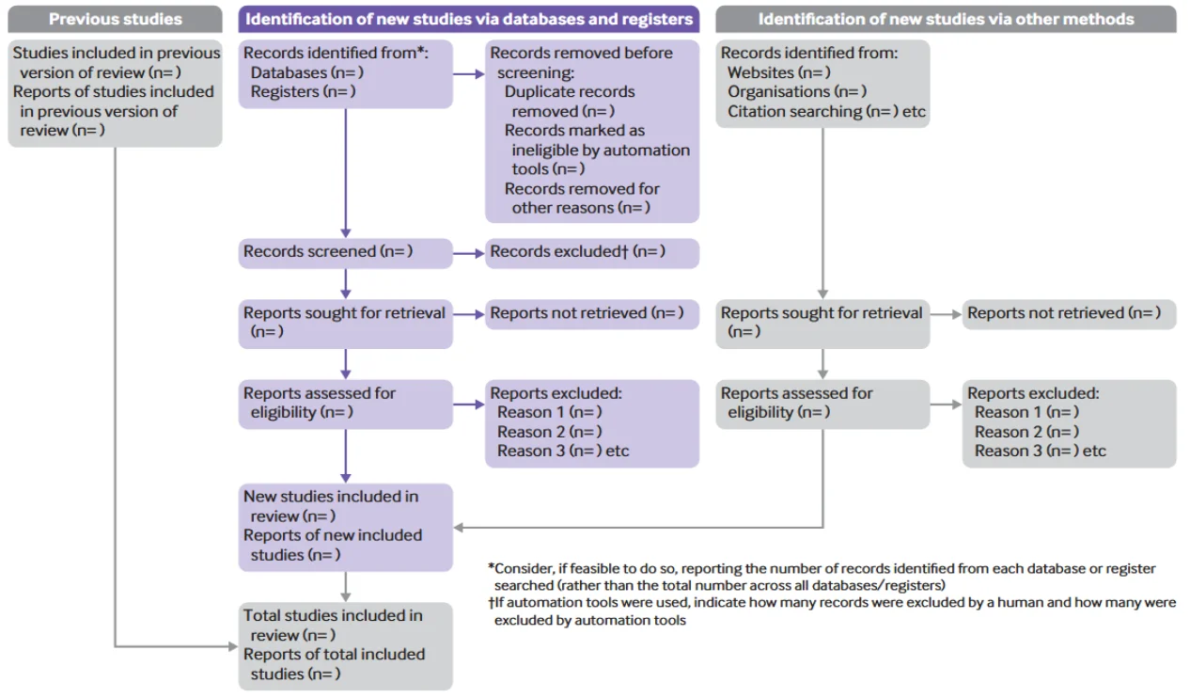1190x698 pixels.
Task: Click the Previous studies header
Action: (115, 19)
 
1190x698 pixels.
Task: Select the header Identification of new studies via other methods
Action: (946, 19)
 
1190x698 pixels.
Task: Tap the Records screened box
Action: (345, 252)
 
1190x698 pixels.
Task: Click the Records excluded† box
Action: (591, 252)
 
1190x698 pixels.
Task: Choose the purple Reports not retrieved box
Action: (591, 313)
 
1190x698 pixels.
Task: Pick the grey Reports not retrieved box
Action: (1069, 313)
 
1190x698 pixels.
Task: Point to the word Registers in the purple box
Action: (284, 91)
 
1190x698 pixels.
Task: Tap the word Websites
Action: (760, 72)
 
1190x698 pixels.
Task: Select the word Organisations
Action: (778, 91)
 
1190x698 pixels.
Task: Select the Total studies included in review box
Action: (345, 645)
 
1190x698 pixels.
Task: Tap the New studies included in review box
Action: (345, 526)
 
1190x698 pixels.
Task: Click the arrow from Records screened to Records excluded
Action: (468, 252)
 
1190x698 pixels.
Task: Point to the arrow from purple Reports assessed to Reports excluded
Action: (468, 405)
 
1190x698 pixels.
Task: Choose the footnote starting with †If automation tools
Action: (832, 611)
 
